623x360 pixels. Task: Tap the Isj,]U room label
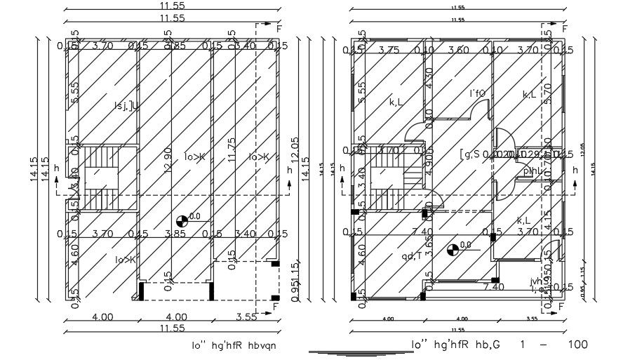pos(126,106)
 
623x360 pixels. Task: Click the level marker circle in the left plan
pos(183,220)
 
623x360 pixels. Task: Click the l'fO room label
pos(478,93)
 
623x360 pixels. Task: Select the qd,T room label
pos(412,255)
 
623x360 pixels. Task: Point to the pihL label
pos(532,171)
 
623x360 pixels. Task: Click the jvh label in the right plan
pos(537,281)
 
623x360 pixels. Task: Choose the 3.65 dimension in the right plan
pos(429,247)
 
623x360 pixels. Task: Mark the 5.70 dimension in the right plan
pos(549,93)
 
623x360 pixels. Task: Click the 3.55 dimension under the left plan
pos(247,316)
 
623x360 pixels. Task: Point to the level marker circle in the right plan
pos(453,248)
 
